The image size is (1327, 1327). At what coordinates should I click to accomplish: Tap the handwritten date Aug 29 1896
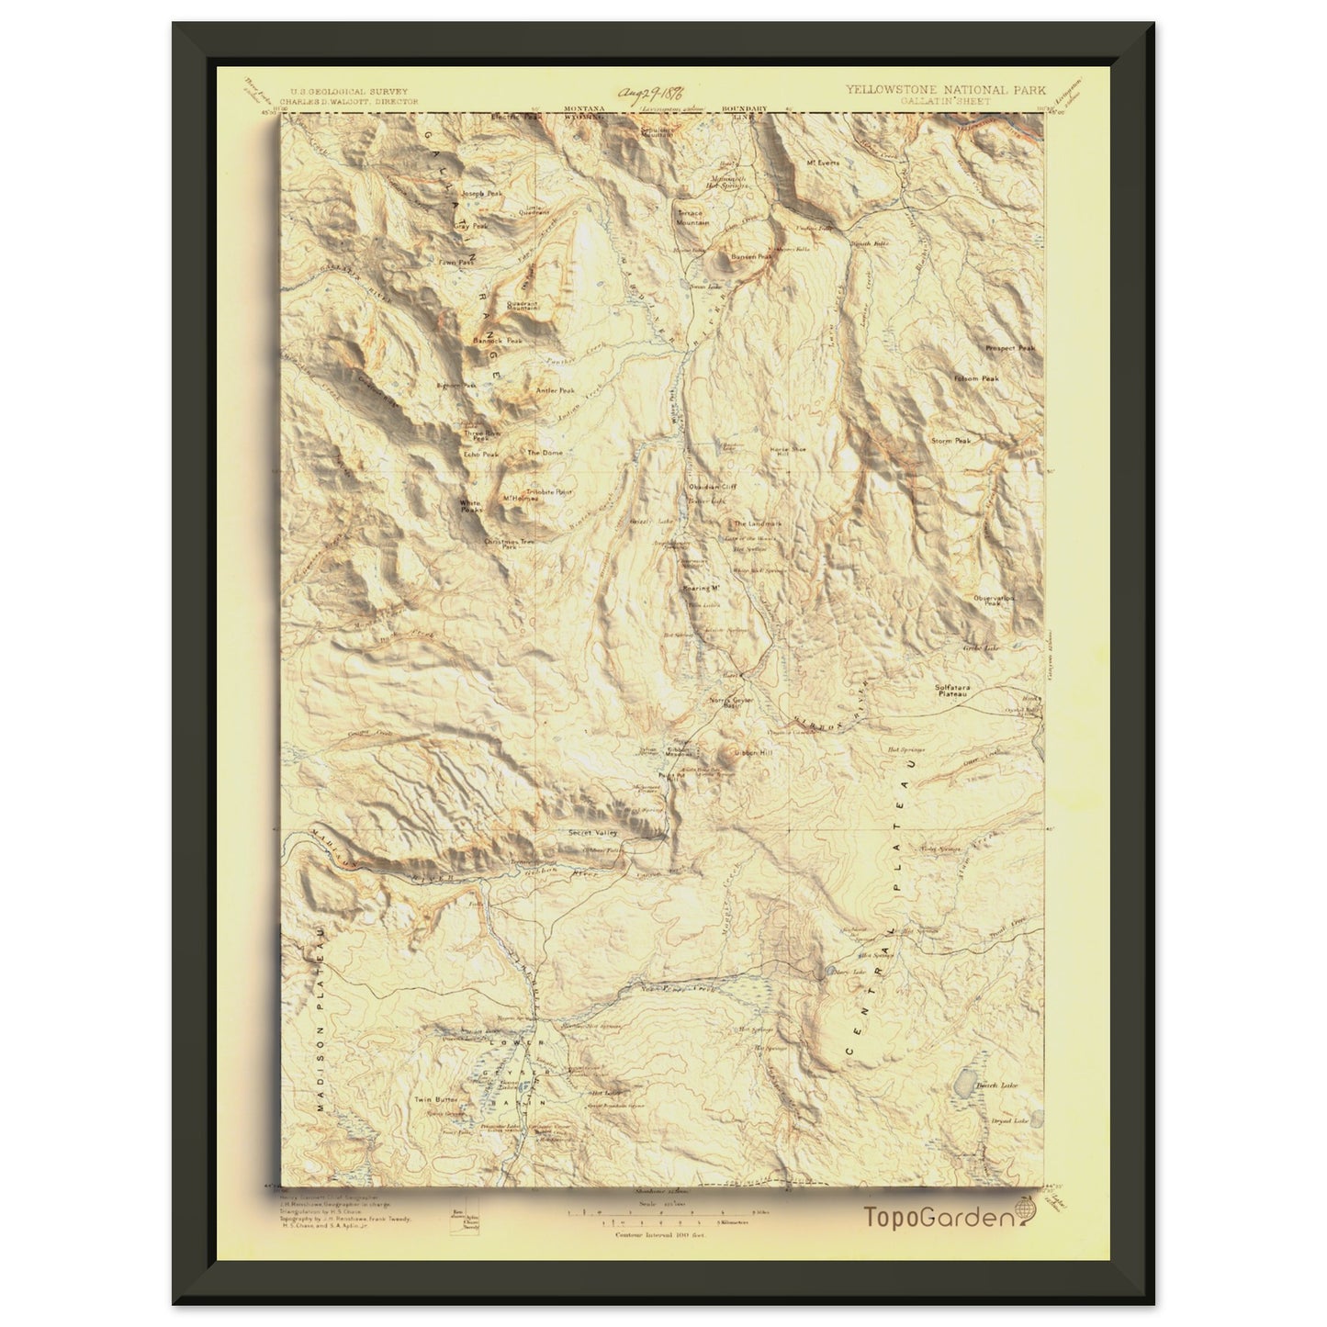click(x=654, y=93)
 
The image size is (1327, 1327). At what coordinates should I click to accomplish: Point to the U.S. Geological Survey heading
click(x=349, y=92)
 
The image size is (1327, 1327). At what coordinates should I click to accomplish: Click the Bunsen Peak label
click(x=749, y=257)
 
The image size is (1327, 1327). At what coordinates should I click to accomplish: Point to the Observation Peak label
click(x=993, y=600)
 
